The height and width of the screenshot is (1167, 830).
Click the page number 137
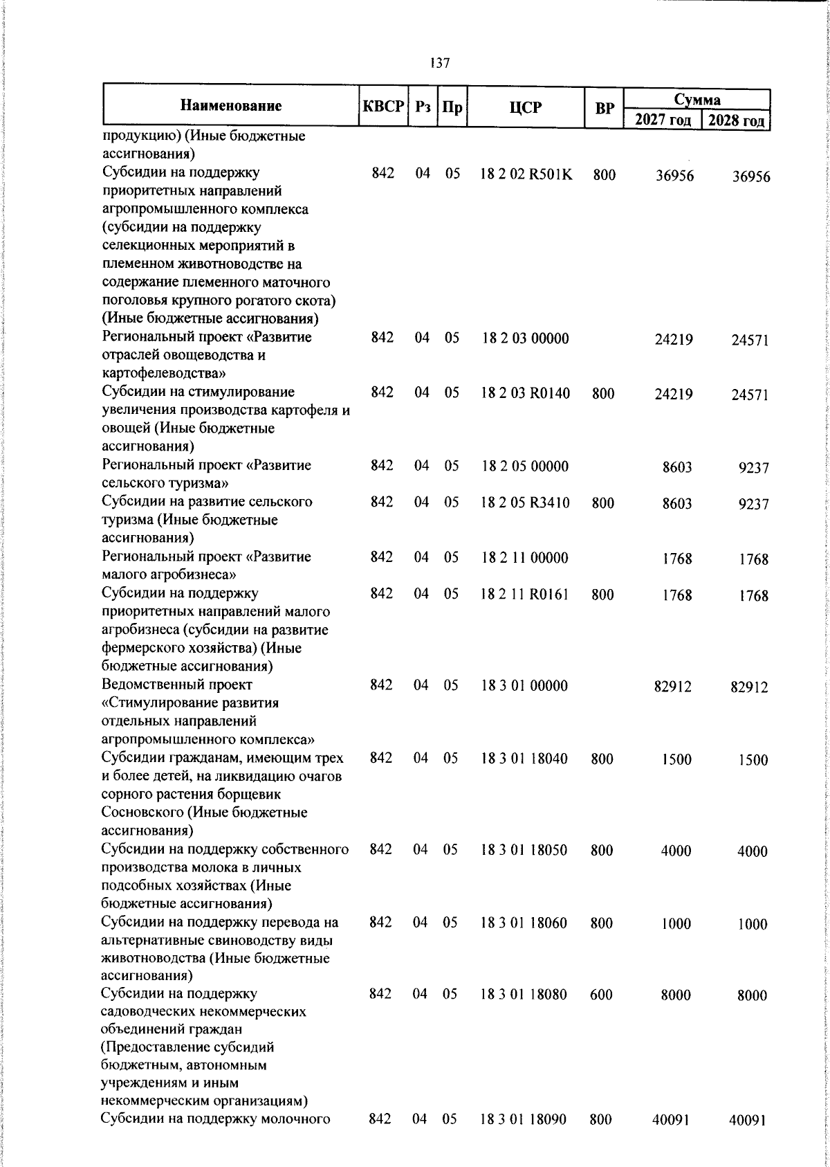tap(439, 63)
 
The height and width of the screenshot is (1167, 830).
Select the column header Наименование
tap(231, 106)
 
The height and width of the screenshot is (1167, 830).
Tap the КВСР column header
tap(382, 107)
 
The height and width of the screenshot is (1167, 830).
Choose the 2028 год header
tap(737, 120)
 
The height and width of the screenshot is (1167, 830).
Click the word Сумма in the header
tap(697, 100)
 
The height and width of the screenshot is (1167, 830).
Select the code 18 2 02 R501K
tap(526, 174)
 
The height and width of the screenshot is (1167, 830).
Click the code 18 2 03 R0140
tap(526, 393)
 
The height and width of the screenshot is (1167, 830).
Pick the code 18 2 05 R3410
tap(526, 503)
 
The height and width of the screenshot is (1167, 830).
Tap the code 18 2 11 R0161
tap(525, 594)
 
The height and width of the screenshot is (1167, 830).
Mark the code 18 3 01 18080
tap(524, 994)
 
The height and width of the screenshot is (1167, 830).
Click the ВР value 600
tap(602, 994)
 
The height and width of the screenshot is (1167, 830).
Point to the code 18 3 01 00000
tap(524, 685)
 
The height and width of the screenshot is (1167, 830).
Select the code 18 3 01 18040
tap(524, 759)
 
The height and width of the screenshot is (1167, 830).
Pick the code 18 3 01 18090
tap(524, 1119)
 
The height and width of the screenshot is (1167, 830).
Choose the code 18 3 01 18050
tap(524, 850)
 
